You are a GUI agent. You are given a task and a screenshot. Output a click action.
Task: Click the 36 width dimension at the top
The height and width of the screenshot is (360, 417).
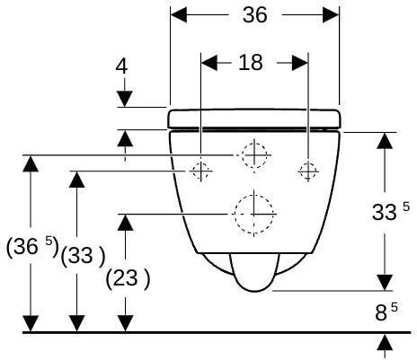[254, 15]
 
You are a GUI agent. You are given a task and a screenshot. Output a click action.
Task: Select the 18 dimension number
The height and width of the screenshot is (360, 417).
[251, 63]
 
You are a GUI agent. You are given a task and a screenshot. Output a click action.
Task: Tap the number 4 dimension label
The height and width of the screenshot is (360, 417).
[121, 66]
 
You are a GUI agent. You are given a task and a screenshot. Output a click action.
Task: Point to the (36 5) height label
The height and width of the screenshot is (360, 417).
[32, 248]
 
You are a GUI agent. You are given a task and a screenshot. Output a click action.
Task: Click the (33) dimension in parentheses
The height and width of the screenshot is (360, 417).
[83, 256]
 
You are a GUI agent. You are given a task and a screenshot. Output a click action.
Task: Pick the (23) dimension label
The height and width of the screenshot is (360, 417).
[128, 279]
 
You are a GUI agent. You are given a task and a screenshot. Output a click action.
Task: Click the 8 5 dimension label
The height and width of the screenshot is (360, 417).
[386, 312]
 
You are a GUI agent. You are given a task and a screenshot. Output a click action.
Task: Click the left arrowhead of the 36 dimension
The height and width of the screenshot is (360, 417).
[179, 14]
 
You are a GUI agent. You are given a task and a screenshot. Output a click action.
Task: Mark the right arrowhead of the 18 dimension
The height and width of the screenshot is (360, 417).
[300, 63]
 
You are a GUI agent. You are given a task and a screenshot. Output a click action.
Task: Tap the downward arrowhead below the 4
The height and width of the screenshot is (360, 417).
[125, 99]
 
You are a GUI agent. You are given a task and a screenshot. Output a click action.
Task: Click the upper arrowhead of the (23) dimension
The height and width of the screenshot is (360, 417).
[125, 223]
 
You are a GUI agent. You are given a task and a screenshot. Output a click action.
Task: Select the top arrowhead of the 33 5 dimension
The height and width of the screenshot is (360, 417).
[385, 140]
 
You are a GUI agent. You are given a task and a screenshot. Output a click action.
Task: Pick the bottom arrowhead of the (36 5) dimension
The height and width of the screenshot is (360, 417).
[31, 324]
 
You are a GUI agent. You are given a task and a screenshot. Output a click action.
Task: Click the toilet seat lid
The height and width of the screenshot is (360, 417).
[254, 119]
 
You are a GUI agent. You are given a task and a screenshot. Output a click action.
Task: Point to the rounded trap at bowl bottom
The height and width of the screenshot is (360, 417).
[254, 272]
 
